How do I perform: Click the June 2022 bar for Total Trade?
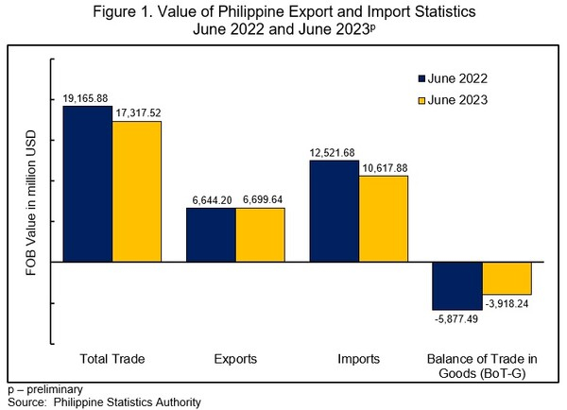87,184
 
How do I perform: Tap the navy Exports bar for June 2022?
210,235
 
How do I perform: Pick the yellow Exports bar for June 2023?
259,235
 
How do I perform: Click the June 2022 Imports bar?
334,212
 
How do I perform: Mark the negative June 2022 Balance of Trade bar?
457,286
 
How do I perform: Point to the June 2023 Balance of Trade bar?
507,279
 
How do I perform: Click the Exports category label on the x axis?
234,359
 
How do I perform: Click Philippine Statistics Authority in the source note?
129,402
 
